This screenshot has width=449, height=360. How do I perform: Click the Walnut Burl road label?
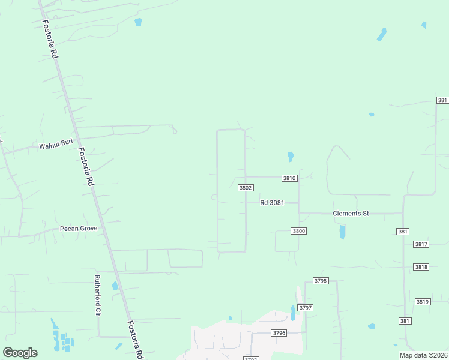tap(56, 146)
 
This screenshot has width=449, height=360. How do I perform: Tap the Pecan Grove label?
tap(79, 229)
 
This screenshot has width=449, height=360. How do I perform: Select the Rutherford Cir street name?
tap(97, 296)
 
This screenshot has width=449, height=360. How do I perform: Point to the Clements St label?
tap(351, 214)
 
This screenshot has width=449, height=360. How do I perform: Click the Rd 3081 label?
tap(272, 203)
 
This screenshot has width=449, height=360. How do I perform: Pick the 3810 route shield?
tap(289, 178)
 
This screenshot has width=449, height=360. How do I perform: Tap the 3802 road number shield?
tap(245, 188)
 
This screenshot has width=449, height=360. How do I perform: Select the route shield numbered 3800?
tap(298, 231)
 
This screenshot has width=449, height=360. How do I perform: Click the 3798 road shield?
tap(321, 281)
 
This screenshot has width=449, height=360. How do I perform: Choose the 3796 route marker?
tap(279, 333)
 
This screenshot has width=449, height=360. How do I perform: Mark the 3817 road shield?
tap(421, 244)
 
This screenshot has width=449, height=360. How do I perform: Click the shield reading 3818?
tap(421, 266)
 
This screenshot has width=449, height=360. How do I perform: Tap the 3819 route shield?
tap(423, 302)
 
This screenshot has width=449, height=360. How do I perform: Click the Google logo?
tap(20, 353)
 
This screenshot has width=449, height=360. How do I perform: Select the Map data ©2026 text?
tap(423, 355)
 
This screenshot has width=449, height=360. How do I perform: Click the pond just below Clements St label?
tap(342, 232)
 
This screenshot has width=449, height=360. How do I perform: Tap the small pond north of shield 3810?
tap(291, 156)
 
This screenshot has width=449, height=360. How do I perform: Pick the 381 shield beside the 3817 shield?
tap(402, 232)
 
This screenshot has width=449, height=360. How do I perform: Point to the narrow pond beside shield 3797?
tap(293, 313)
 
